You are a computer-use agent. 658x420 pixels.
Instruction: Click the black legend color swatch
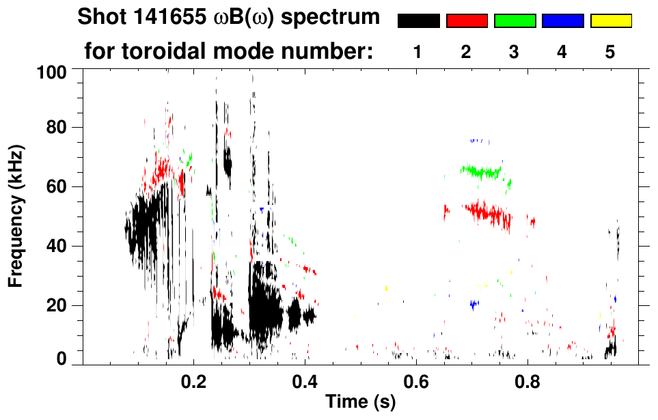(418, 21)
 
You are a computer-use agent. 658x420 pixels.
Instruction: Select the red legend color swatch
(467, 21)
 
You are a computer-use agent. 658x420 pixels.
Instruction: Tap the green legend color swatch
(515, 21)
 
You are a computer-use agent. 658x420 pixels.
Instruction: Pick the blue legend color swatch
(562, 21)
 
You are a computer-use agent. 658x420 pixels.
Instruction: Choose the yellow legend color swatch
(611, 21)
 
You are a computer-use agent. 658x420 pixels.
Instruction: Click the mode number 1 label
(417, 52)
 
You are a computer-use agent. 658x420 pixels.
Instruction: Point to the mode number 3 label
(514, 52)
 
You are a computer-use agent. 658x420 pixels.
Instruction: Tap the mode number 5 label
(610, 52)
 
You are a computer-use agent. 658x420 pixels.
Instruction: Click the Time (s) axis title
(360, 403)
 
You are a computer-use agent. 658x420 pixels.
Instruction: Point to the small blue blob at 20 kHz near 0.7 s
(474, 304)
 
